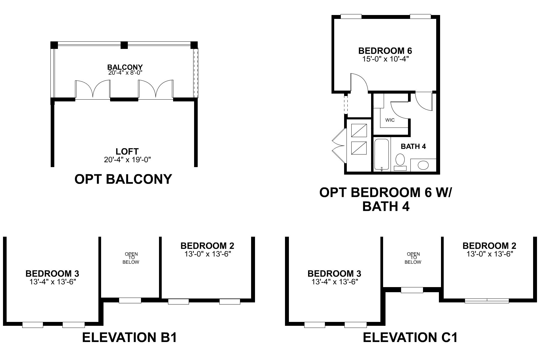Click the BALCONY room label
(x=125, y=67)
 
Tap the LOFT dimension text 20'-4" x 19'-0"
(x=127, y=160)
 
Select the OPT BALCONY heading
(x=123, y=179)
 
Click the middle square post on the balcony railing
(x=124, y=45)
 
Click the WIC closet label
(x=390, y=120)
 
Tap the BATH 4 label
(x=413, y=146)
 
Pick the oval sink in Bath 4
(x=423, y=165)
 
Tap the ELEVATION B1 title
(x=129, y=338)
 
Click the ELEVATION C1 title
(x=410, y=338)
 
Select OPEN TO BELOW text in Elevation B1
(x=131, y=258)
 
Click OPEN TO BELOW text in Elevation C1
(x=413, y=258)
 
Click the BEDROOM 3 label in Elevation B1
(x=52, y=273)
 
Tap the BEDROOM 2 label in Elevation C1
(x=489, y=246)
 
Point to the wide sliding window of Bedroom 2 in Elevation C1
(x=487, y=300)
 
